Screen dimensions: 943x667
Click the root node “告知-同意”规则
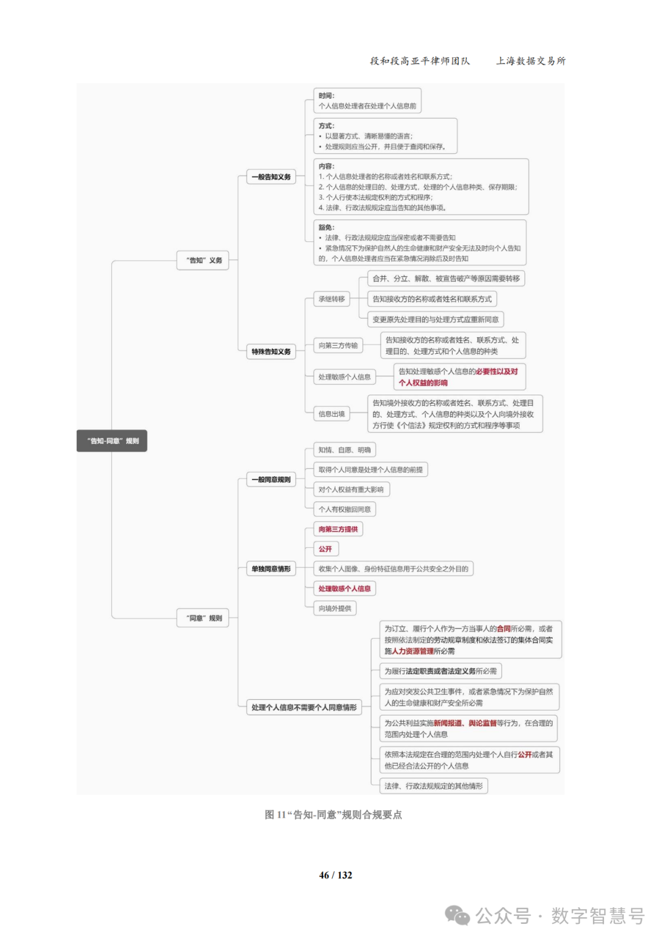tap(112, 441)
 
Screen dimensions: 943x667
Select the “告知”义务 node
tap(203, 261)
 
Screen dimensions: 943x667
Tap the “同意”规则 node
tap(203, 618)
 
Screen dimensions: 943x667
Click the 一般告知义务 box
tap(271, 177)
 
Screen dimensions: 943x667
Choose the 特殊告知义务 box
tap(271, 352)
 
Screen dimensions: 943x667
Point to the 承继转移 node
tap(332, 300)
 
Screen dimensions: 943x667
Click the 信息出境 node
tap(332, 414)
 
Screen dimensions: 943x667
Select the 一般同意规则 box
tap(271, 480)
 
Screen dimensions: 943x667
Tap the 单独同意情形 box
tap(271, 569)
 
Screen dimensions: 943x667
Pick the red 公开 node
tap(325, 549)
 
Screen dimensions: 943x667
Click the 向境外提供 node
tap(335, 609)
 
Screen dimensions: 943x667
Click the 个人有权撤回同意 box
tap(345, 509)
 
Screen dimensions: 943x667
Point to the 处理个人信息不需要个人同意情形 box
tap(304, 708)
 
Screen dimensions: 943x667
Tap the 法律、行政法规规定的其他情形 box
tap(434, 786)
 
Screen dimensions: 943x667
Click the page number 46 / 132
tap(335, 875)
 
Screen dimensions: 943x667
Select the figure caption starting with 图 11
tap(333, 815)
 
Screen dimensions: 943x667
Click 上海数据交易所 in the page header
tap(531, 61)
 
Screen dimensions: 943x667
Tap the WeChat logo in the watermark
tap(458, 915)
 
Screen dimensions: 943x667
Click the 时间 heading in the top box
tap(327, 96)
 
